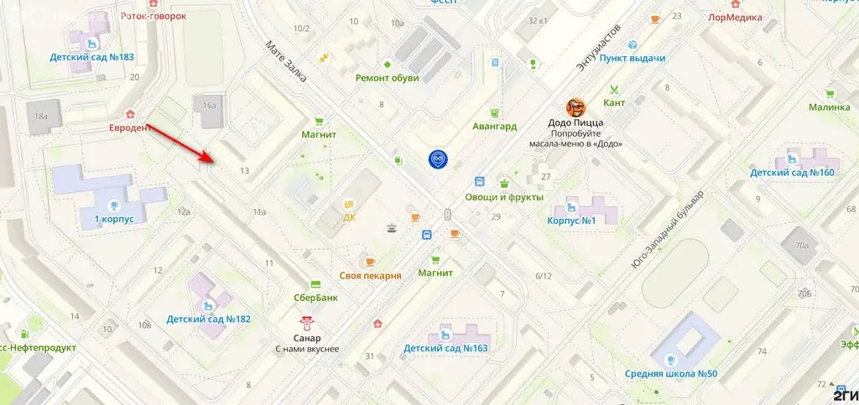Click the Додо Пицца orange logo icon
click(575, 107)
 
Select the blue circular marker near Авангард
click(437, 159)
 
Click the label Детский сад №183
click(92, 58)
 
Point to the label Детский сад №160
click(792, 173)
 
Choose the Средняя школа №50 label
click(671, 373)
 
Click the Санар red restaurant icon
click(308, 321)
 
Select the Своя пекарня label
click(370, 275)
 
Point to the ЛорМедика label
click(735, 16)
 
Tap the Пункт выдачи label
click(633, 58)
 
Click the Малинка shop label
click(829, 107)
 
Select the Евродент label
click(130, 127)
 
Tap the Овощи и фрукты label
click(509, 196)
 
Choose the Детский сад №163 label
click(445, 348)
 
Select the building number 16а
click(209, 106)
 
